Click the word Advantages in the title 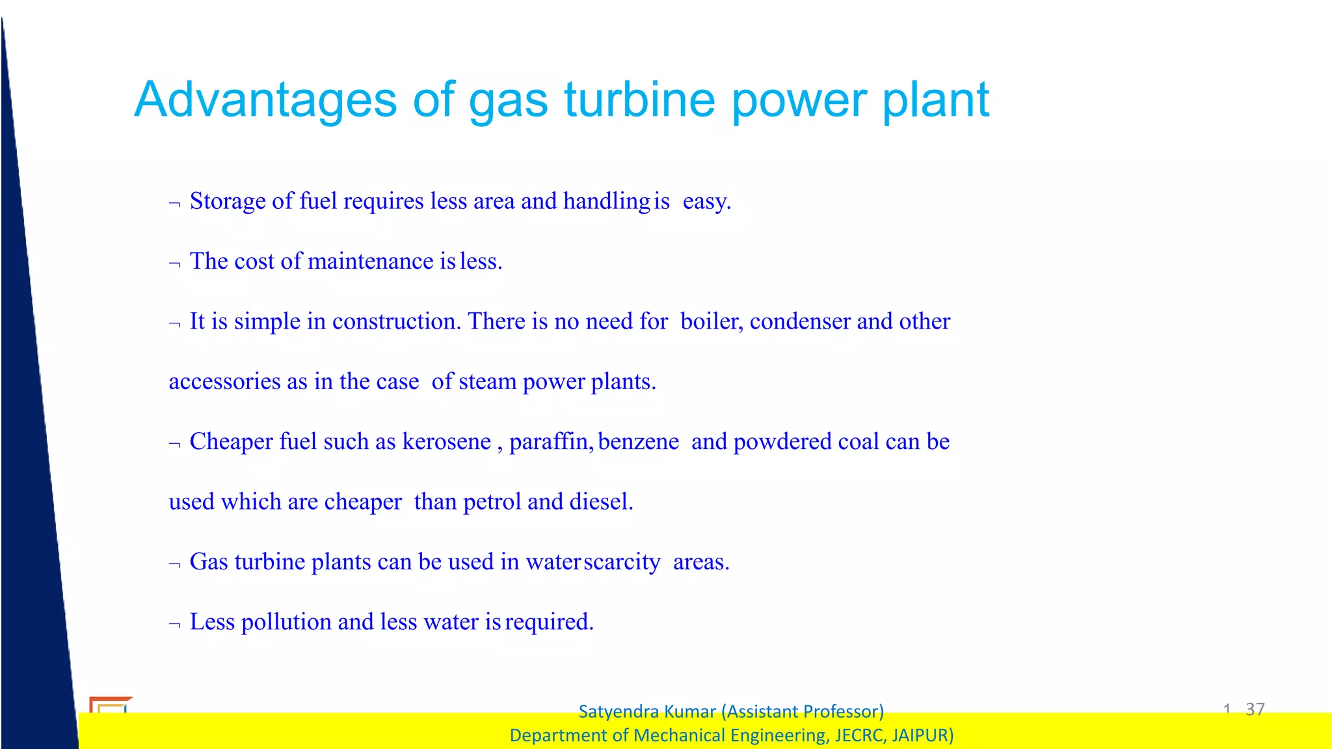[265, 100]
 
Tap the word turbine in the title [639, 100]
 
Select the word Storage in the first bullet [228, 201]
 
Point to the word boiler [710, 321]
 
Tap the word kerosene [447, 442]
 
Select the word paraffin [550, 442]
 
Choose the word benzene [639, 442]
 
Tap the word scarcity [622, 562]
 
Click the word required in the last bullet [549, 622]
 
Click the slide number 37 [1255, 709]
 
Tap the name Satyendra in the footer [619, 711]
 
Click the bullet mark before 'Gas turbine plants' [174, 564]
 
